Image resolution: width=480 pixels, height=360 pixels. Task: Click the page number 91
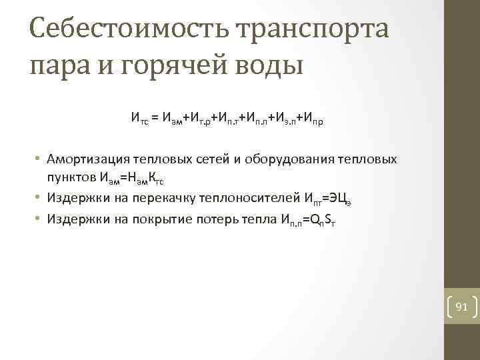[x=461, y=307]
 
